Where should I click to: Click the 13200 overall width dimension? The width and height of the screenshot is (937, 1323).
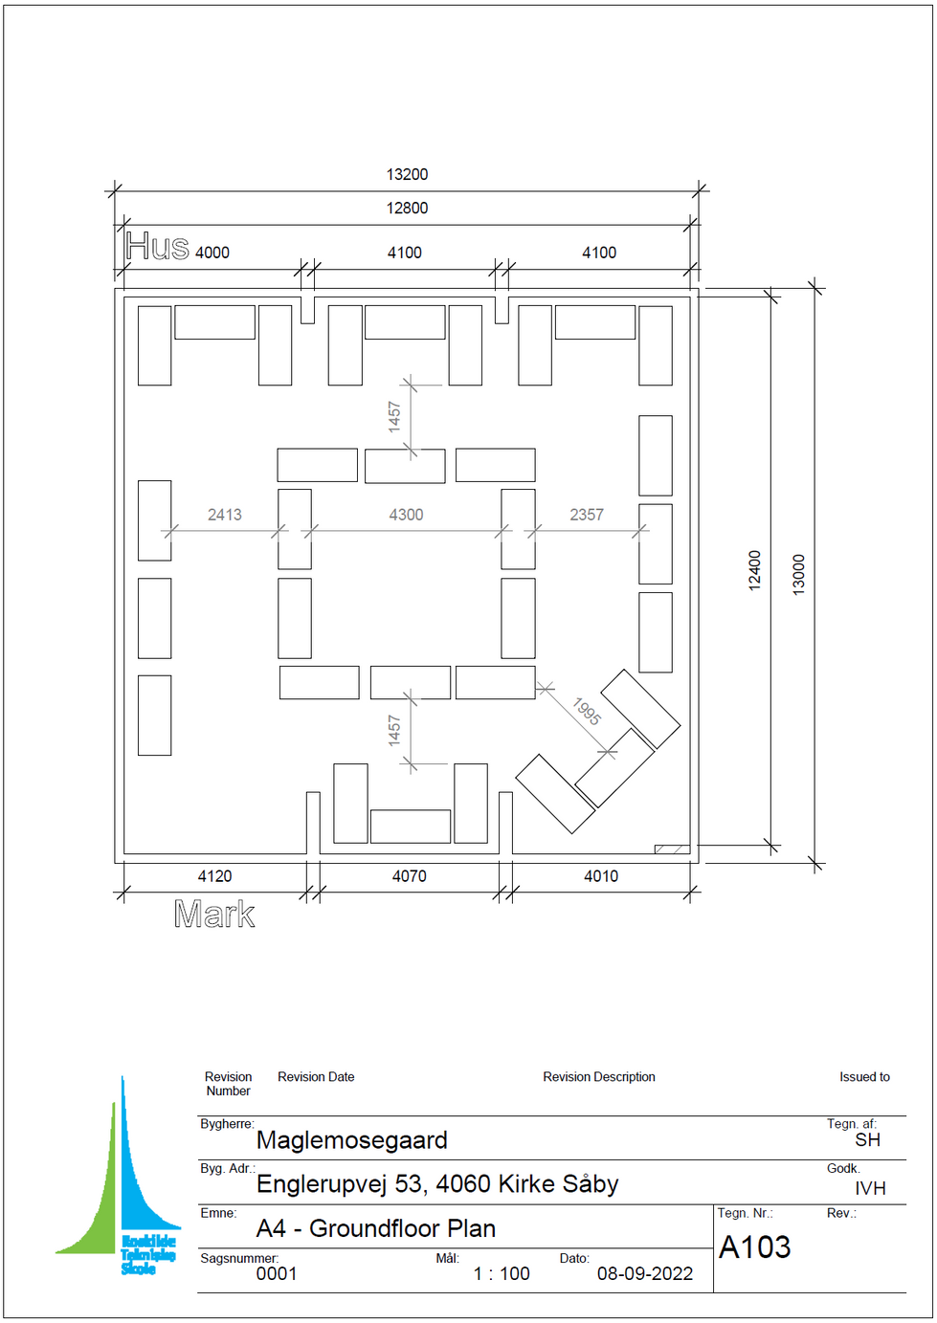(x=407, y=175)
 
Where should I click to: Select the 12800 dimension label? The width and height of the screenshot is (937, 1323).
(x=407, y=209)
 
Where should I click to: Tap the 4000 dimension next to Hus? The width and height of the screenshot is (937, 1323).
(x=212, y=253)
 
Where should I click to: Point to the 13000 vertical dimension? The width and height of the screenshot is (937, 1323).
(x=798, y=575)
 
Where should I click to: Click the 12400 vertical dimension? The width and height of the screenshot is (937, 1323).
(x=754, y=570)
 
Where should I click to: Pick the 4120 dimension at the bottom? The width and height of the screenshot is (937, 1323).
(x=214, y=876)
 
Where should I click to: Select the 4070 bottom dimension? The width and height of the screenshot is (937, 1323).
(x=410, y=876)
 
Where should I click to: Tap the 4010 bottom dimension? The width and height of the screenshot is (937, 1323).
(x=601, y=876)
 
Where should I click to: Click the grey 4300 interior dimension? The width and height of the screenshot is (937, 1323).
(x=406, y=515)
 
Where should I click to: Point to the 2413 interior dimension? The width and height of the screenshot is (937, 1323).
(x=225, y=515)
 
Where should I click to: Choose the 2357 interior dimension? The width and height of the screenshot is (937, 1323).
(x=587, y=515)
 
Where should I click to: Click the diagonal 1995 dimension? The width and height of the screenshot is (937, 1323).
(x=587, y=712)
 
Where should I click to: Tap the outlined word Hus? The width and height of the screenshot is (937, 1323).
(x=157, y=246)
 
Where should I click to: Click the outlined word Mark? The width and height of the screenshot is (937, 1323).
(x=214, y=915)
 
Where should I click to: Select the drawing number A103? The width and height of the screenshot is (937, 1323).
(x=754, y=1247)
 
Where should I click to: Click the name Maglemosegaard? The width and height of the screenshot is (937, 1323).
(x=351, y=1140)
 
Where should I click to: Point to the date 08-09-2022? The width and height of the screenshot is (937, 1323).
(x=644, y=1274)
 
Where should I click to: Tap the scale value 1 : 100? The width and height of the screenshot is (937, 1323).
(x=501, y=1274)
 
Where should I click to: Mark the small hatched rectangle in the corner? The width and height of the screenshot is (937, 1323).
(x=672, y=849)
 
